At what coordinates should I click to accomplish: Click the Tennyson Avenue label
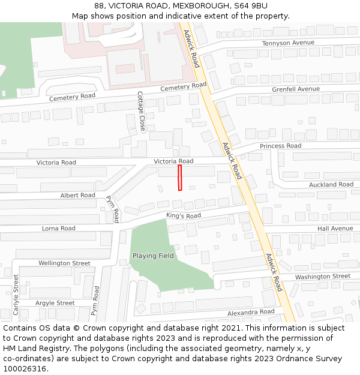(288, 43)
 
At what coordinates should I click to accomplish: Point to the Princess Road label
(280, 146)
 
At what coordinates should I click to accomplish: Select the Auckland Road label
(331, 185)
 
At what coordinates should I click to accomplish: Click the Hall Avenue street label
(335, 229)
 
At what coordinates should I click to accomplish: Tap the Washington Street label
(322, 277)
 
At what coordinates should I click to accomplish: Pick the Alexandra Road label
(251, 313)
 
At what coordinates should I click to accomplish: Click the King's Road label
(184, 216)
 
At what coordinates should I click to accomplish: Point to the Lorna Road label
(59, 229)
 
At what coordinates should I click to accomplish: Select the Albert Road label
(77, 196)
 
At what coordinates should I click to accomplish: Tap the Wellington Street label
(64, 263)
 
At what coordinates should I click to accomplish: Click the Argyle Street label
(55, 304)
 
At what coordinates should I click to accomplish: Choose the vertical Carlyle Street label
(16, 295)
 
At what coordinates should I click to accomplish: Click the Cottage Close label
(142, 112)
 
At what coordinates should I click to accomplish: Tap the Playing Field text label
(153, 256)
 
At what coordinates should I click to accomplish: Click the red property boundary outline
(179, 178)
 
